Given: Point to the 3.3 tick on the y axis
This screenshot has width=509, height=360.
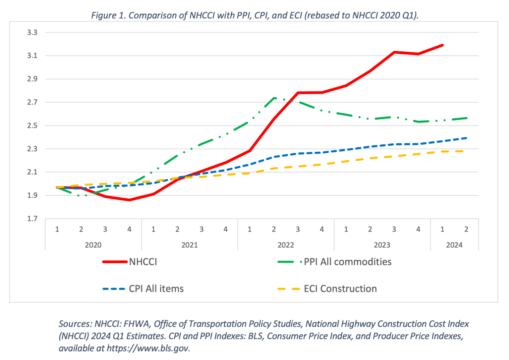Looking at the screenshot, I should [x=32, y=32].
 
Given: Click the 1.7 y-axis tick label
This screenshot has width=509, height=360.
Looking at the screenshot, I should [x=32, y=219].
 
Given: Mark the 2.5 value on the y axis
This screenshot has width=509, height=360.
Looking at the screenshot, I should [x=32, y=126].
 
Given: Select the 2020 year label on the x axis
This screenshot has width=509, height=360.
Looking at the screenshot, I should [x=93, y=245].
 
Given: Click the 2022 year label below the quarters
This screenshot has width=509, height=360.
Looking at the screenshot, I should [x=286, y=245].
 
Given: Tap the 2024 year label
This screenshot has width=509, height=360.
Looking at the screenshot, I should [x=454, y=245].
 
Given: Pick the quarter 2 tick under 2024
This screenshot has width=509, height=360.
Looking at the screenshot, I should [x=466, y=229].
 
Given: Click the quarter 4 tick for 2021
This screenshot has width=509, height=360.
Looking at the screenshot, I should [x=225, y=229].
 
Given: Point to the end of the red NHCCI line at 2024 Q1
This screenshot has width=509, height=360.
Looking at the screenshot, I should [x=442, y=45].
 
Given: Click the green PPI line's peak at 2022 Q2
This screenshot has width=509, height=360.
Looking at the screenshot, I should [x=274, y=98].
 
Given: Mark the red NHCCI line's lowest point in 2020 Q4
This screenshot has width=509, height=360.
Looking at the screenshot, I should [x=129, y=200].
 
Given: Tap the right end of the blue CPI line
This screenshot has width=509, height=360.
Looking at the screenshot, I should [x=466, y=138].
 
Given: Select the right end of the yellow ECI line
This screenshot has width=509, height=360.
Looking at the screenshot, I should [x=466, y=151].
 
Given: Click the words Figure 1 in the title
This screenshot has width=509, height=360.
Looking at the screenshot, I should [x=108, y=15].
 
